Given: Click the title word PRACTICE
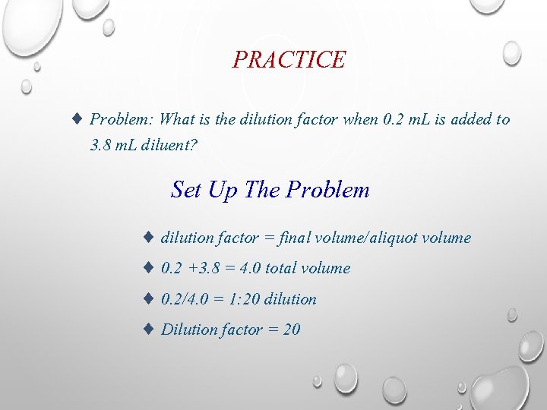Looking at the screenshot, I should click(x=289, y=59).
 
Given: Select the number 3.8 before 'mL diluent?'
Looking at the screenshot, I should click(x=102, y=144).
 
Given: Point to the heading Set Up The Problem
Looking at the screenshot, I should click(x=270, y=189).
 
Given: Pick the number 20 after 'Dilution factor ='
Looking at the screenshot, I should click(x=291, y=330).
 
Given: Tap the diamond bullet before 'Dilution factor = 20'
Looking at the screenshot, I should click(x=150, y=330).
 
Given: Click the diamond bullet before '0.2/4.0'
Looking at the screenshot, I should click(x=150, y=299).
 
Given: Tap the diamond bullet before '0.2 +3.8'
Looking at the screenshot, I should click(x=150, y=268).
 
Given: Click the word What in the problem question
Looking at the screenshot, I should click(x=179, y=119).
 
